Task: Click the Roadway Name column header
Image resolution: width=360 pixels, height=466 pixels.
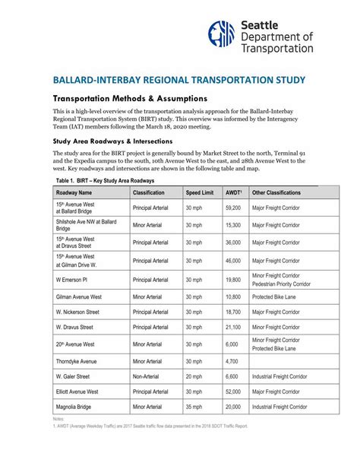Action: click(74, 193)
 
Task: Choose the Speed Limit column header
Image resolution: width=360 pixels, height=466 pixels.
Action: click(200, 193)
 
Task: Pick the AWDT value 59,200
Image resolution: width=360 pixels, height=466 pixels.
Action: click(233, 208)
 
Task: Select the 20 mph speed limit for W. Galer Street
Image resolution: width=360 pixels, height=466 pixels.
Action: click(194, 376)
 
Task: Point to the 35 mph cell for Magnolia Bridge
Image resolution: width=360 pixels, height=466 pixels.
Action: click(194, 407)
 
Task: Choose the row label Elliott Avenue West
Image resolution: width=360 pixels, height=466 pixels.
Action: click(77, 392)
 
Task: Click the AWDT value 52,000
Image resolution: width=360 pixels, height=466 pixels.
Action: click(233, 392)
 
